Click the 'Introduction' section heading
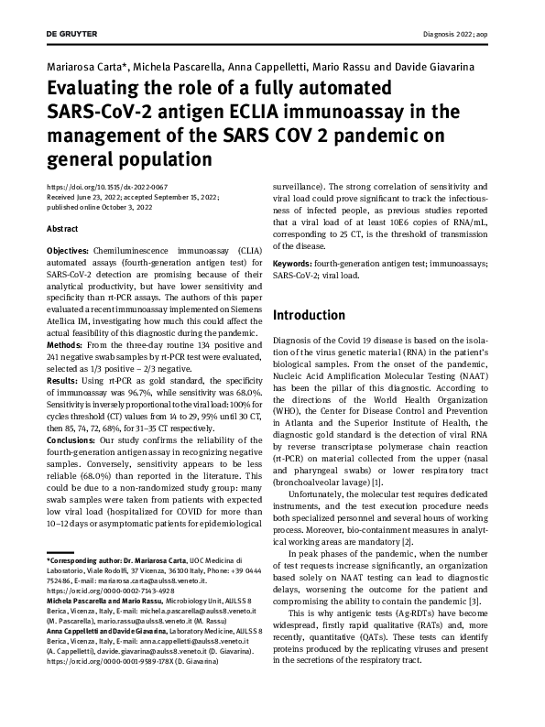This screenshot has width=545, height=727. pyautogui.click(x=310, y=316)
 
